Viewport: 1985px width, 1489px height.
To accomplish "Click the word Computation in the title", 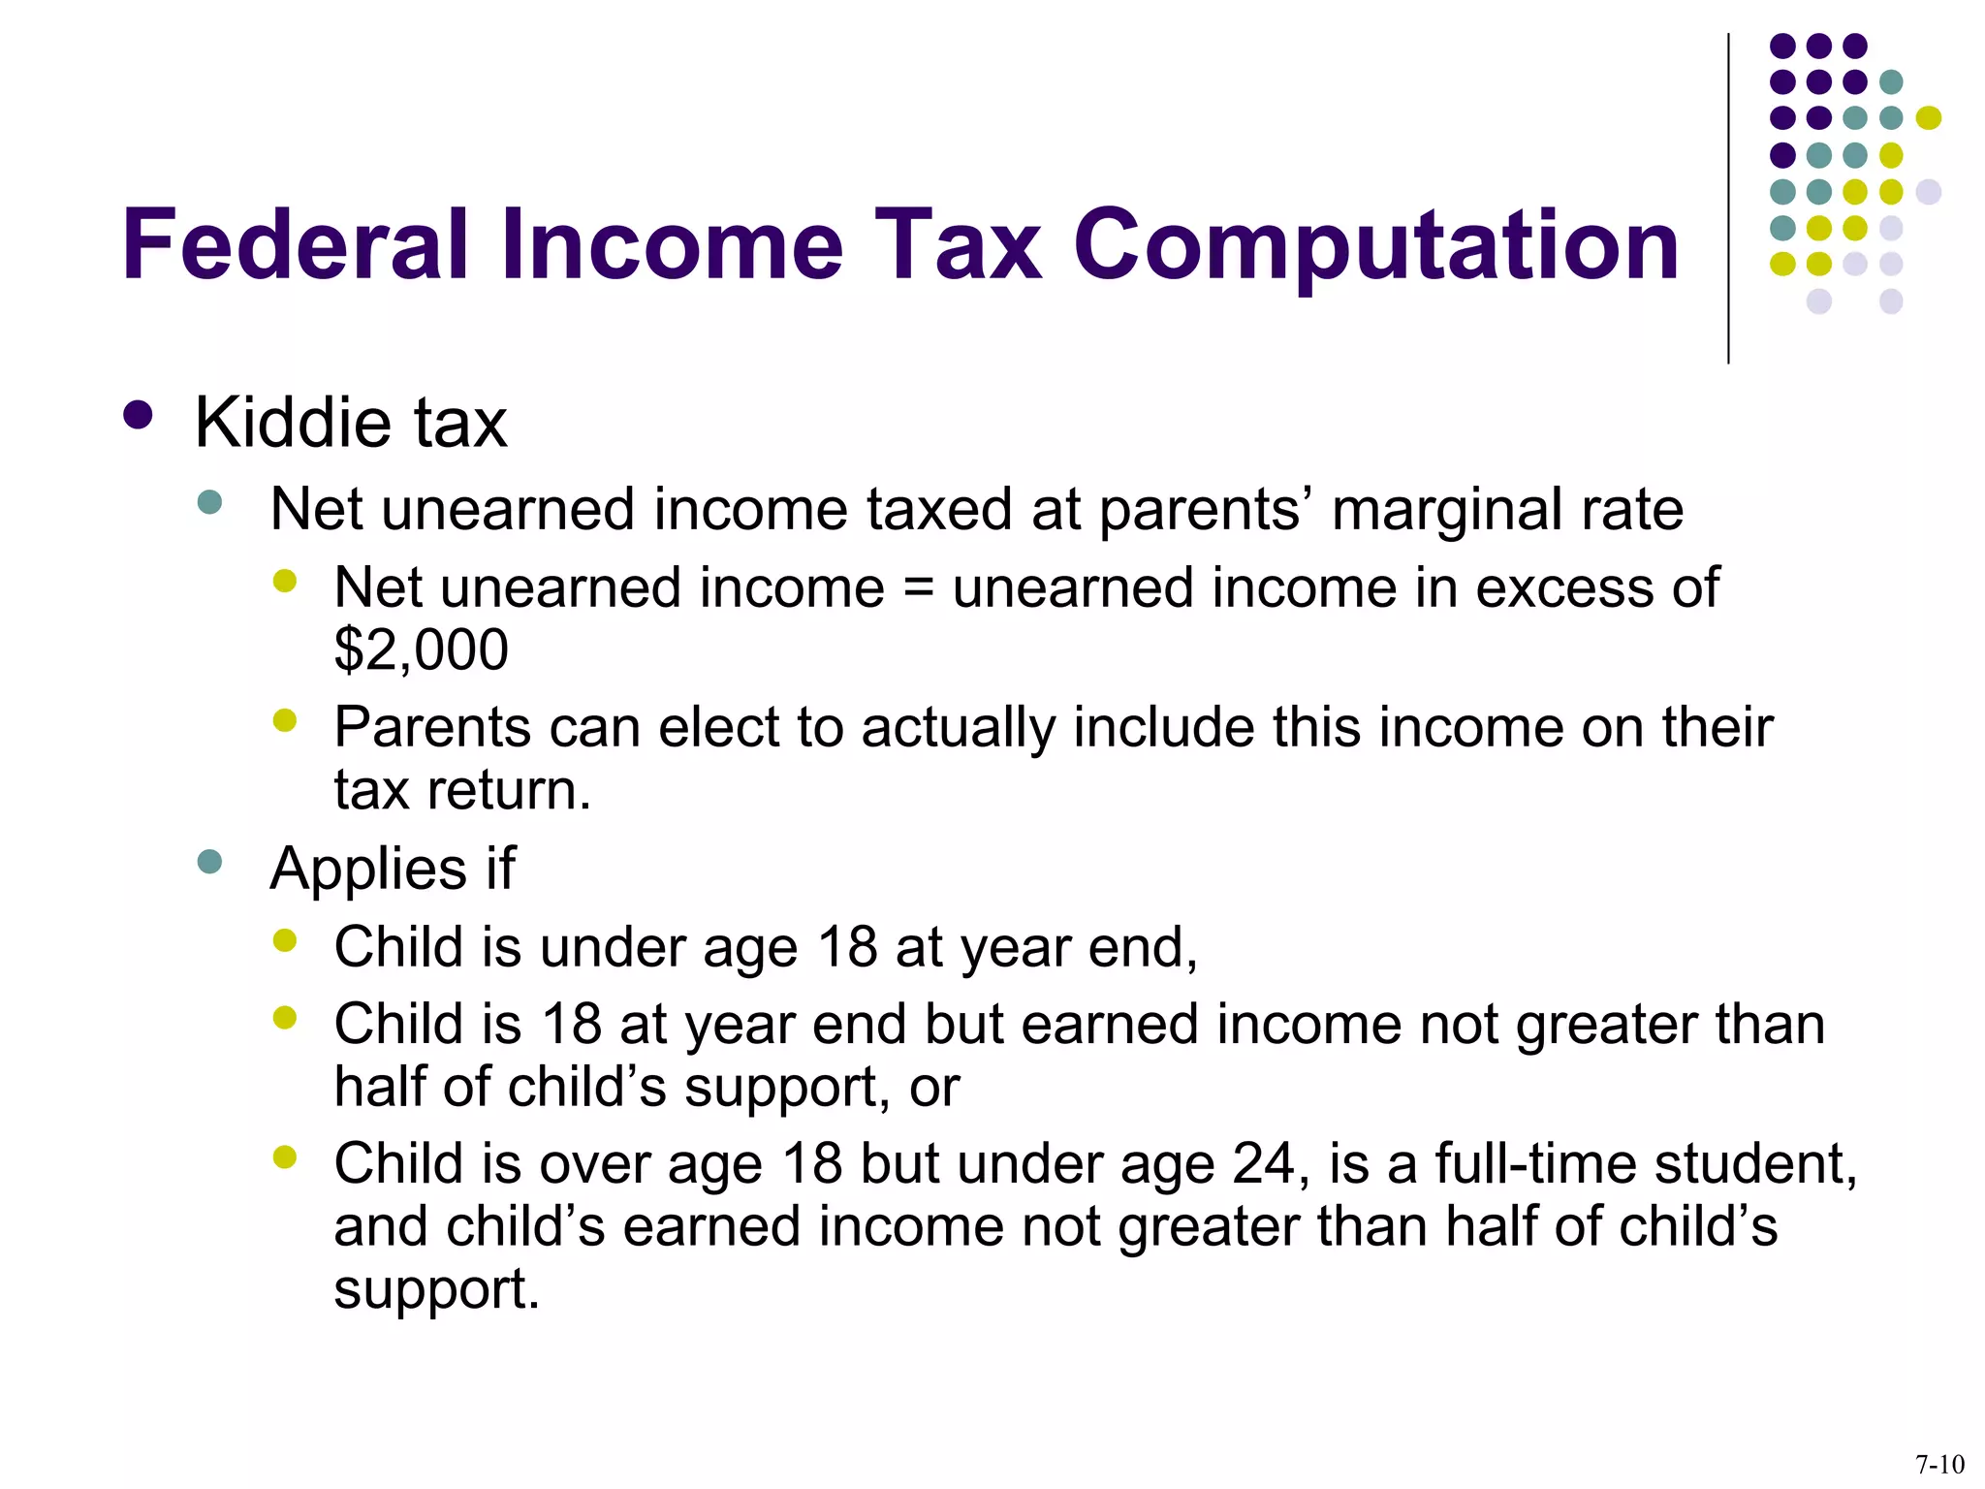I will click(1376, 247).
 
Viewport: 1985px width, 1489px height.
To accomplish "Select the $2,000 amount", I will click(421, 649).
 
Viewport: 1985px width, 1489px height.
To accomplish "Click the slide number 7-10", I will click(1939, 1464).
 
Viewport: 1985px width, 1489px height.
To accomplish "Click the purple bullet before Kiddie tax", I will click(139, 416).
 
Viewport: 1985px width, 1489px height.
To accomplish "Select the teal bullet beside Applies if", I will click(209, 862).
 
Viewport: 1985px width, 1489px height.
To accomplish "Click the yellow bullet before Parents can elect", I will click(285, 720).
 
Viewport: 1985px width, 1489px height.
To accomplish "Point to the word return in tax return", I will click(509, 789).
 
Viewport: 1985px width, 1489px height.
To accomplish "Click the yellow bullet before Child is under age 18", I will click(285, 940).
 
